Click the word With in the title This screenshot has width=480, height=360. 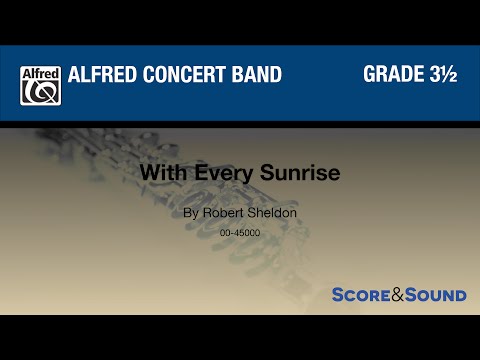click(x=156, y=172)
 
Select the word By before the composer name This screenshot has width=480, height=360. click(x=190, y=213)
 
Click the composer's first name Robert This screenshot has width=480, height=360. click(x=223, y=213)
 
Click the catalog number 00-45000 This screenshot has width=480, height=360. click(x=240, y=233)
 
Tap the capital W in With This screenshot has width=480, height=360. click(x=148, y=172)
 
